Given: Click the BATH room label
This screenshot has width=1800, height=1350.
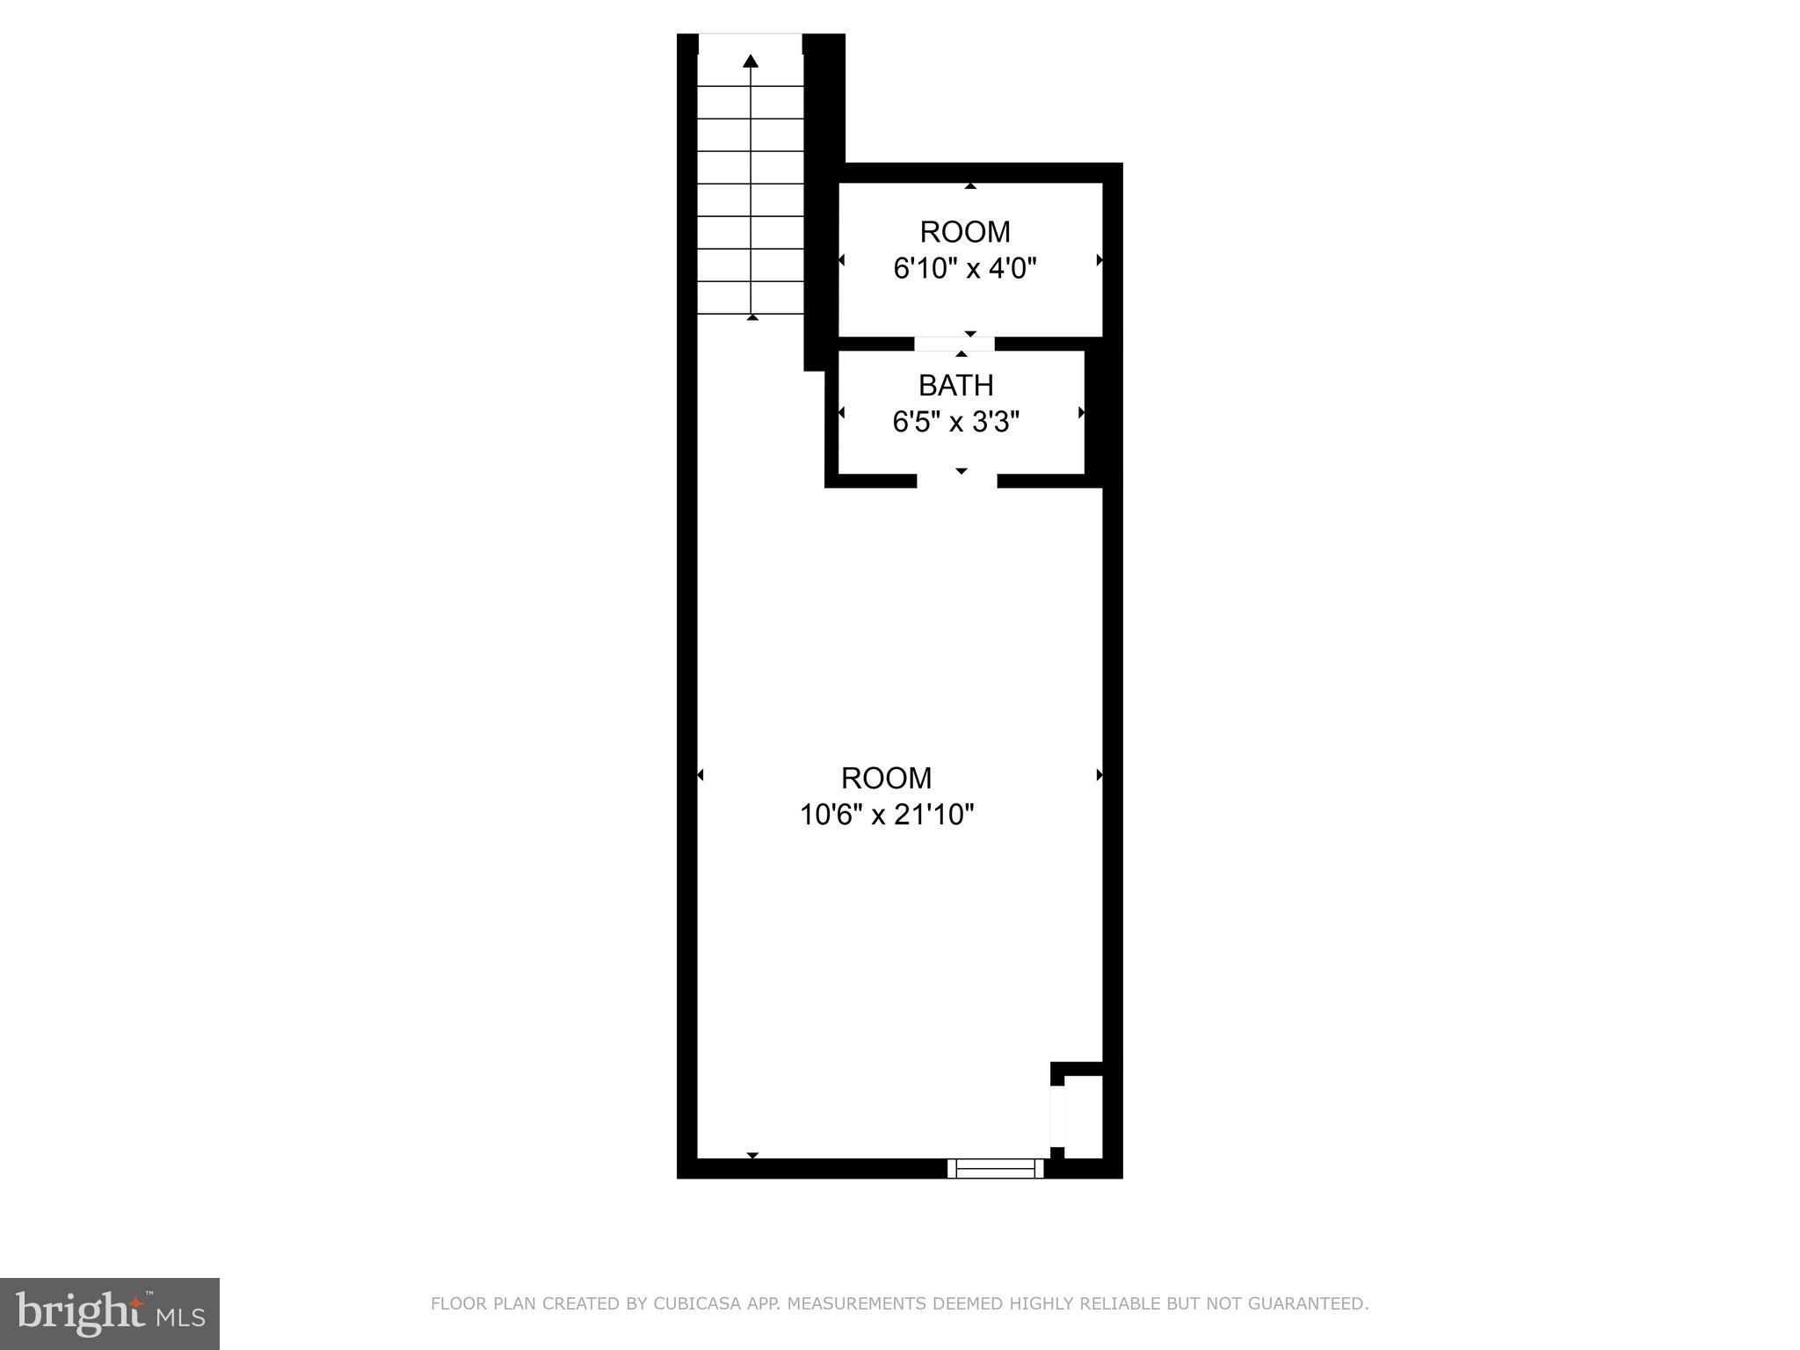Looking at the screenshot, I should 955,386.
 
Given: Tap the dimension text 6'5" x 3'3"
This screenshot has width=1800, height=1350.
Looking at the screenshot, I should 955,423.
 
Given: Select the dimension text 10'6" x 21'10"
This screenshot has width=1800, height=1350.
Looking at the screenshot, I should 887,816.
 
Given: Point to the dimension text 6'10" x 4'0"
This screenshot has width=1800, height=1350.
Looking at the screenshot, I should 965,268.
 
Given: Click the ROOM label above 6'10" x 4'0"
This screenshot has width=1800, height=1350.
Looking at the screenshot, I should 965,232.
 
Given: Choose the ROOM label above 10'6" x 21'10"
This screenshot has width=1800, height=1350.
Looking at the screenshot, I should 886,779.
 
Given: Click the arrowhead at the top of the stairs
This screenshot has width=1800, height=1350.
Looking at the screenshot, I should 751,61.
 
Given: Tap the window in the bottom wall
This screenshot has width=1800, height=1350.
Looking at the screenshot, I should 996,1168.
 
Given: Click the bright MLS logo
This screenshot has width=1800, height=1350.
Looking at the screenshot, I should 110,1314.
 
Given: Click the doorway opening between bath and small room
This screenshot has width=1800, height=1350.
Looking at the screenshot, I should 954,344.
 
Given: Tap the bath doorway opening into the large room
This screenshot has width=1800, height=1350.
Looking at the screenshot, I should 957,481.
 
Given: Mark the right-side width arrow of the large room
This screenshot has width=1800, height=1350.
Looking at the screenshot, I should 1099,775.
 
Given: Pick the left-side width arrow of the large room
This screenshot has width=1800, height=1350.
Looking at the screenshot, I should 700,775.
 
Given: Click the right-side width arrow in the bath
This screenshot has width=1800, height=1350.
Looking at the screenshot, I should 1081,412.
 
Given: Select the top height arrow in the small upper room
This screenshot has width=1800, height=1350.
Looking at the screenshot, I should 970,186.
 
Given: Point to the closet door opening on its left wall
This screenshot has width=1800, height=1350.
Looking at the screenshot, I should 1057,1116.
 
